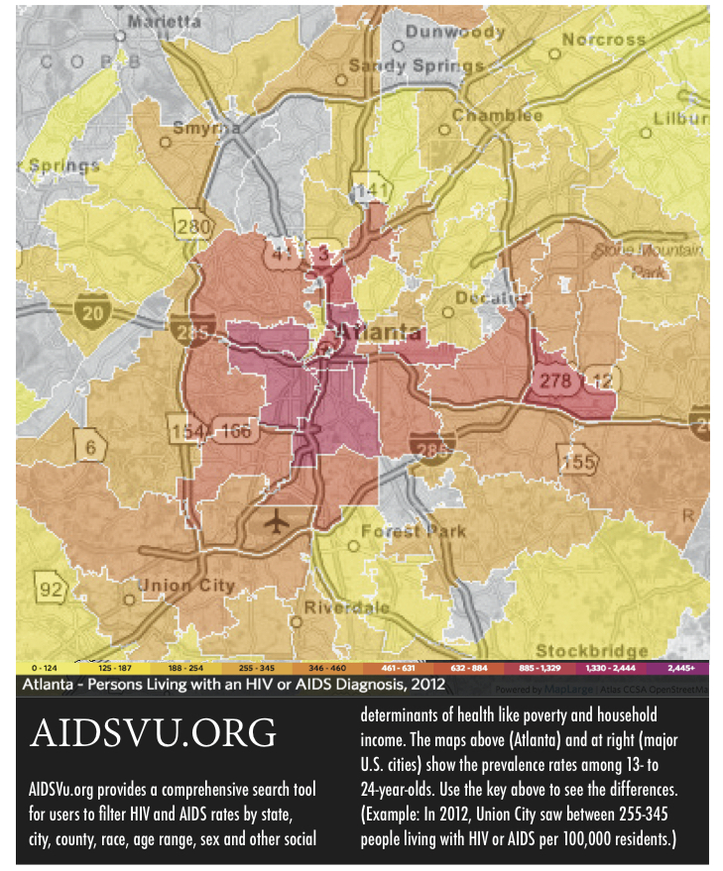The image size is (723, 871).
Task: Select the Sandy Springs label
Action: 410,66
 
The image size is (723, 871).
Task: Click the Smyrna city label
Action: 206,128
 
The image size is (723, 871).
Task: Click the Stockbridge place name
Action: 591,651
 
